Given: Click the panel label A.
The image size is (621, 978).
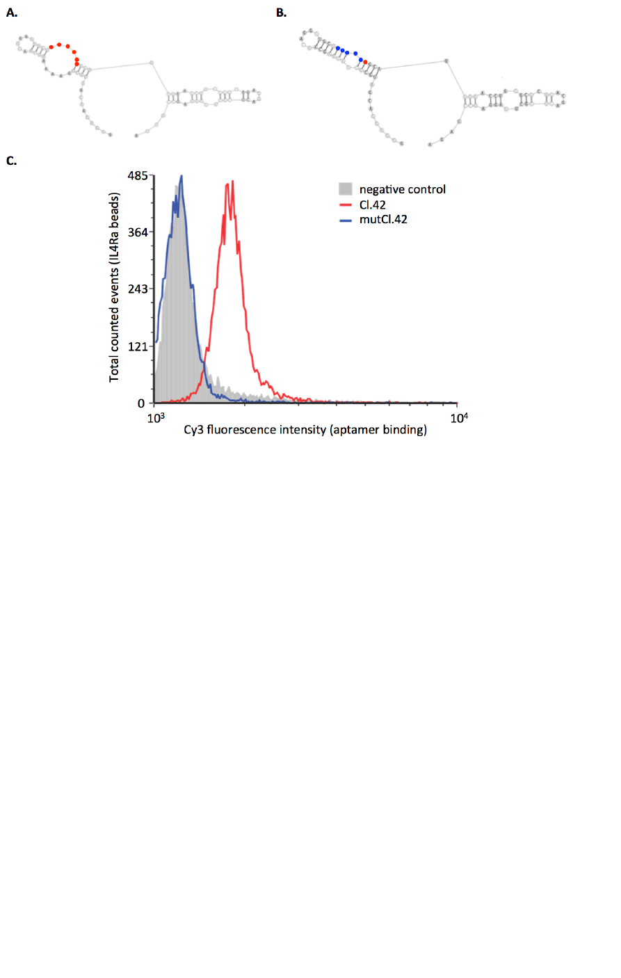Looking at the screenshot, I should pos(12,13).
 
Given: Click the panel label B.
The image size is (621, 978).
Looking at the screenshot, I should pos(281,13).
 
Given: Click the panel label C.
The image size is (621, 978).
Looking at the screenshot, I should pos(11,161).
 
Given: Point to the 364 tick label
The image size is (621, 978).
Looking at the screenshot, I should pos(137,232).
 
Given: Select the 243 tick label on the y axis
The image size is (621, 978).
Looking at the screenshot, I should pos(137,289).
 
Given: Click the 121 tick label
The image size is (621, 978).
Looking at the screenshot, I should pos(137,346).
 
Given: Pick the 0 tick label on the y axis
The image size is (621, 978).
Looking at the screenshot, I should pos(141,403).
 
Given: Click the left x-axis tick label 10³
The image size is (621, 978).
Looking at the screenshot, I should pos(156,417).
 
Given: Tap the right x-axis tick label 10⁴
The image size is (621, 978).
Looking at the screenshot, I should pos(458,417).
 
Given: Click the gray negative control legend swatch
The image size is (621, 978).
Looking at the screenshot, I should pos(346,189).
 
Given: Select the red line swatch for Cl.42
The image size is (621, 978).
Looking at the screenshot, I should pos(346,205).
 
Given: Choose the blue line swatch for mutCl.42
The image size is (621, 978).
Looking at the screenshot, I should pos(346,220).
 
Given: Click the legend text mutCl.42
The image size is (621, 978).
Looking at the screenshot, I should pos(383,220).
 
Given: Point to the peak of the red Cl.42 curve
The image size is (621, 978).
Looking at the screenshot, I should pos(232,182).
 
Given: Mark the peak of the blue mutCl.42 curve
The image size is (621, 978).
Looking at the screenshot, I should pos(181,176).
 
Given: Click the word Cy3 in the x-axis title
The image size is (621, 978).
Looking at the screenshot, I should pos(193,430).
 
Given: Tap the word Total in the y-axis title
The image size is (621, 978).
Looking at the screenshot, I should pos(115,367).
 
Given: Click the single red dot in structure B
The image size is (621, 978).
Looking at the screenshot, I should pos(365,63).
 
